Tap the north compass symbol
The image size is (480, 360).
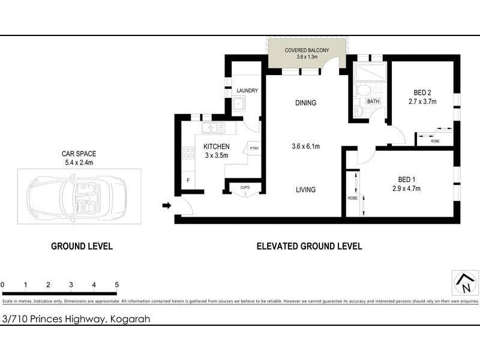(462, 281)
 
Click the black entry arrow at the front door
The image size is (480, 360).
(167, 206)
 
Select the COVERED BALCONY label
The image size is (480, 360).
(307, 50)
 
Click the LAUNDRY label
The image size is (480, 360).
(247, 91)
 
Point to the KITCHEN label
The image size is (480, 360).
(216, 146)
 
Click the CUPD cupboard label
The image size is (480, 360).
(245, 187)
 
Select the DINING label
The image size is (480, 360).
(305, 103)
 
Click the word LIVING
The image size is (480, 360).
(305, 190)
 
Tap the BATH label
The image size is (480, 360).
(373, 101)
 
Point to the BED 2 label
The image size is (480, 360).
(422, 92)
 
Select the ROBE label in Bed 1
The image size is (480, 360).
(352, 197)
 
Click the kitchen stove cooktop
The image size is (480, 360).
(188, 153)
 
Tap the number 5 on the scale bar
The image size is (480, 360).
(117, 285)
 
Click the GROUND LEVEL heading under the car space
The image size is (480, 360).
(82, 246)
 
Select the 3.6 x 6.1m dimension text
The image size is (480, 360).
(305, 146)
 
